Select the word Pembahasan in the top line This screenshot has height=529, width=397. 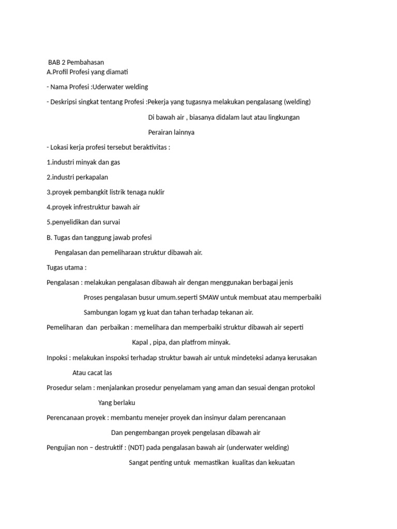click(x=85, y=62)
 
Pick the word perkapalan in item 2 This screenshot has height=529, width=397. click(x=91, y=177)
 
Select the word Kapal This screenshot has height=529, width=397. click(x=141, y=343)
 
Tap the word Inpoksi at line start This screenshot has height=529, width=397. click(x=57, y=357)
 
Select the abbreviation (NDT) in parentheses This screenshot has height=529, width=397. click(x=136, y=447)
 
